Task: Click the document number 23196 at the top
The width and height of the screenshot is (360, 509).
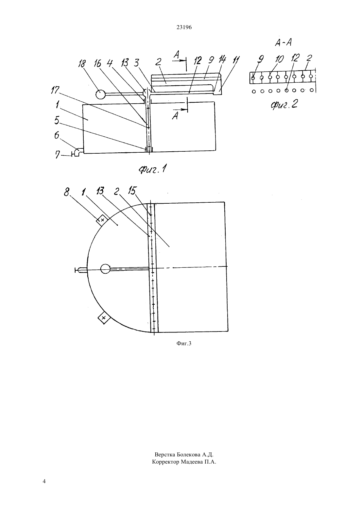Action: pyautogui.click(x=184, y=27)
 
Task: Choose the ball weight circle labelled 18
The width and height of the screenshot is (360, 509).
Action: pyautogui.click(x=100, y=94)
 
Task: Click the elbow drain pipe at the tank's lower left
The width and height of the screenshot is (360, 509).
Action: pyautogui.click(x=77, y=152)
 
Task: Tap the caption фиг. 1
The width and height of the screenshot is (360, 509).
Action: pyautogui.click(x=152, y=170)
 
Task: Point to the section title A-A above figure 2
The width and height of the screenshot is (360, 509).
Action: pyautogui.click(x=283, y=43)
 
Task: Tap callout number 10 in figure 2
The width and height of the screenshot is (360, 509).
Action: pyautogui.click(x=279, y=59)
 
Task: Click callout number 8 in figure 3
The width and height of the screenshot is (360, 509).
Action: pyautogui.click(x=66, y=193)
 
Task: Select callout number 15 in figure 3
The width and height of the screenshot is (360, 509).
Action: pyautogui.click(x=132, y=191)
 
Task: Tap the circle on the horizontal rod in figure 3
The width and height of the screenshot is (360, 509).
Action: pyautogui.click(x=105, y=269)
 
